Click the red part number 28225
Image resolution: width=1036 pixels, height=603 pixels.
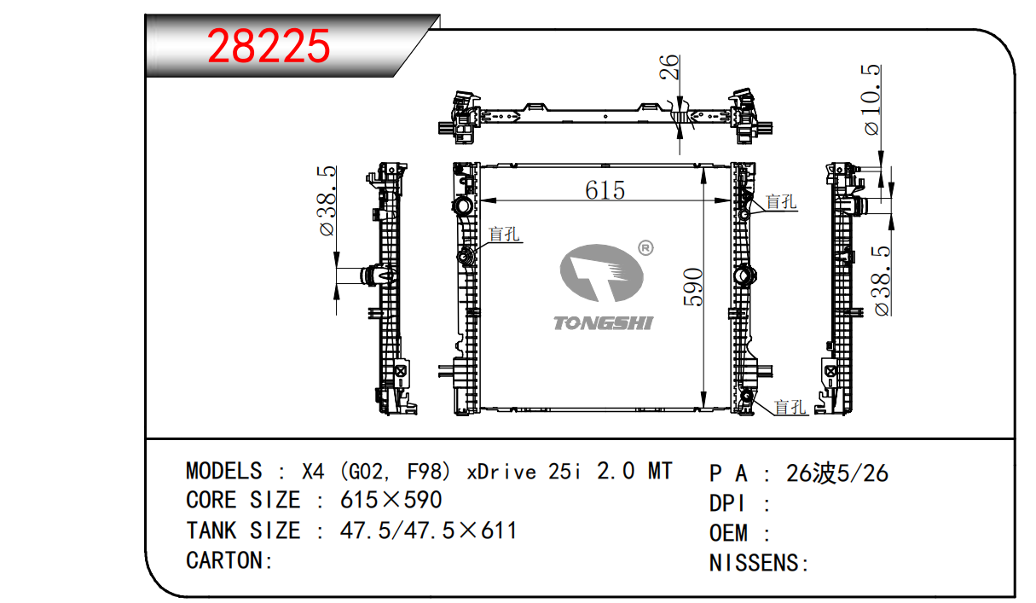[269, 46]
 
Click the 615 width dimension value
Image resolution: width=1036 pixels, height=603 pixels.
[605, 190]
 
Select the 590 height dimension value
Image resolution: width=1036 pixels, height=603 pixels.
[693, 287]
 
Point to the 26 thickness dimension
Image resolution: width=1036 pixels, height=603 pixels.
[669, 67]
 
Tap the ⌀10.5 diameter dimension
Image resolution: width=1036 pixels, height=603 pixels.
[871, 100]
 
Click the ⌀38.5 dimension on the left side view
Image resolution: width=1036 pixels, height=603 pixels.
[326, 200]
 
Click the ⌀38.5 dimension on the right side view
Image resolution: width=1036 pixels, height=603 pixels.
[881, 281]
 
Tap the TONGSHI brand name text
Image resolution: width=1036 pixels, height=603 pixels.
[604, 323]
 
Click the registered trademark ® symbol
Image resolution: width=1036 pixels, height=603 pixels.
[645, 248]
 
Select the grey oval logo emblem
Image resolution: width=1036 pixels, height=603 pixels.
[601, 273]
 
